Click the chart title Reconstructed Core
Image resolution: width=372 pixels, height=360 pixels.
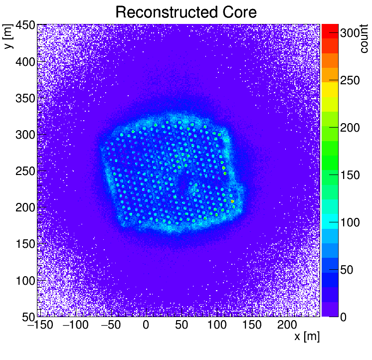(186, 12)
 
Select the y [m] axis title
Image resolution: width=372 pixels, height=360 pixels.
(8, 37)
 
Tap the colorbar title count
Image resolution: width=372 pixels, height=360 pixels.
(364, 39)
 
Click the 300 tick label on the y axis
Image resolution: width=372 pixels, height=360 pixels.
(24, 135)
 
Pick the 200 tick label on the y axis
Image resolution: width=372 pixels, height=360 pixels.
(24, 207)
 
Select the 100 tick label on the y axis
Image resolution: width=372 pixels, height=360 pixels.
(24, 280)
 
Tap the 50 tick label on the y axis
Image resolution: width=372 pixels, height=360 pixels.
(27, 316)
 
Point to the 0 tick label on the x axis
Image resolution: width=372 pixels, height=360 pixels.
(146, 326)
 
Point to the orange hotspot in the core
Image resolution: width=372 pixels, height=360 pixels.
(232, 201)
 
